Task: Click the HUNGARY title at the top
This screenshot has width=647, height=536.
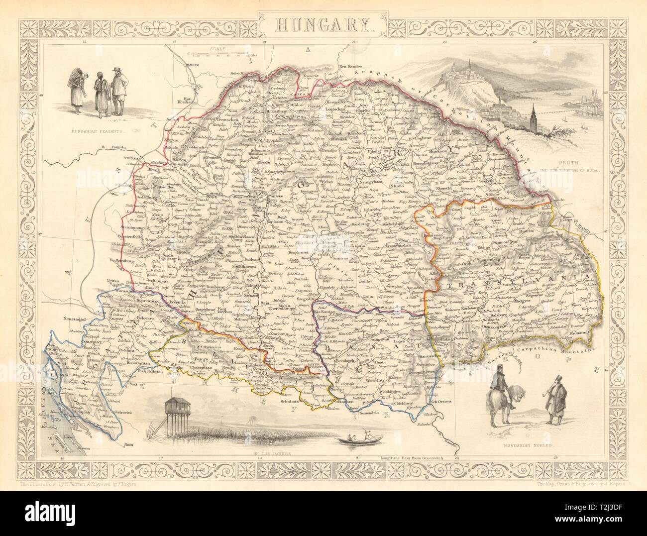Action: point(323,23)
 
